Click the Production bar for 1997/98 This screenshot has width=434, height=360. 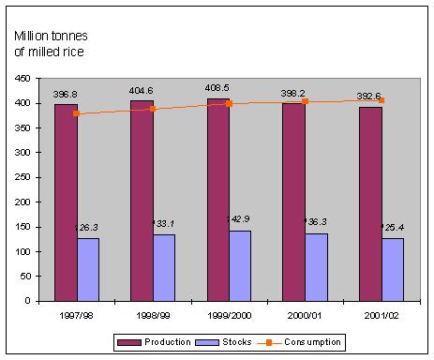click(x=66, y=202)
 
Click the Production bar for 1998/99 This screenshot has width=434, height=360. click(x=142, y=201)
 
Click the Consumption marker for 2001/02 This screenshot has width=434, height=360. click(x=382, y=99)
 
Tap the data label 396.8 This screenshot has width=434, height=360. click(x=67, y=95)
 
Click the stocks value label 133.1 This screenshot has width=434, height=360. click(x=165, y=223)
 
